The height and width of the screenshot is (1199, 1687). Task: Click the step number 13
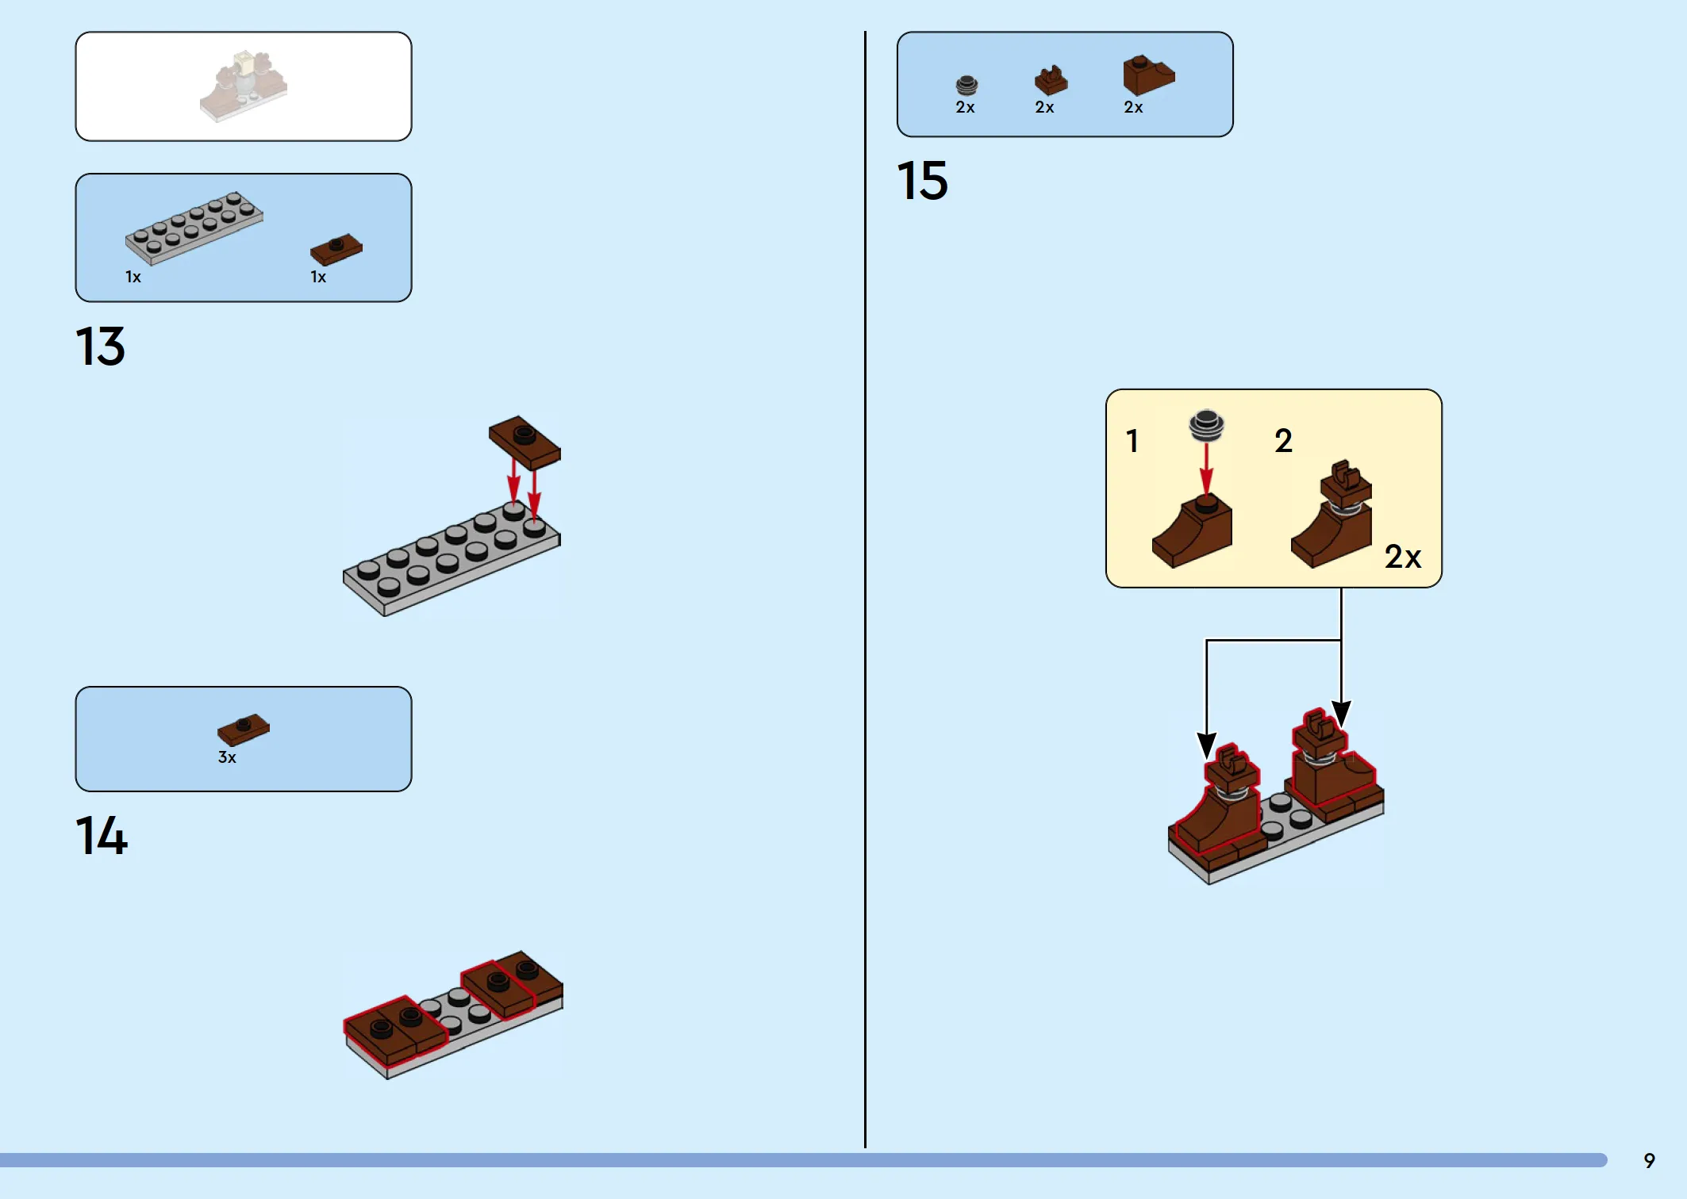click(100, 347)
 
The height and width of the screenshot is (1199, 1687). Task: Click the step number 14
click(101, 835)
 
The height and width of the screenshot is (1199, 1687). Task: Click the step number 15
click(922, 181)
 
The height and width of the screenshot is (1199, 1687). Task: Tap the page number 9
click(1649, 1161)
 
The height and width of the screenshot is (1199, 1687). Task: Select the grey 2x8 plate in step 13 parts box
click(194, 228)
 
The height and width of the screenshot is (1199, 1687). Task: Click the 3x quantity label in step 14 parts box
click(227, 757)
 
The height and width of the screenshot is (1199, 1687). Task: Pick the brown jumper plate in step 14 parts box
click(244, 729)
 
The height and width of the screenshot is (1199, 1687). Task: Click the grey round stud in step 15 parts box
click(966, 86)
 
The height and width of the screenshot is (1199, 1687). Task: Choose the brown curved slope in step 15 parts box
click(1148, 75)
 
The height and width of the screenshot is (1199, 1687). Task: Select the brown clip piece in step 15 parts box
click(1051, 81)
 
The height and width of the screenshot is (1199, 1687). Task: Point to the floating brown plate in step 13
click(525, 442)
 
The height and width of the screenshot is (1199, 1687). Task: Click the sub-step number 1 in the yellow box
click(1132, 441)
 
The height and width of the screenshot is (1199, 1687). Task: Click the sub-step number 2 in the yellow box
click(1283, 441)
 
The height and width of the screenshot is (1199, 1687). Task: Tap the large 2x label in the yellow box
click(1402, 557)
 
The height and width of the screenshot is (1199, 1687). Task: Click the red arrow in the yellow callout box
click(1206, 469)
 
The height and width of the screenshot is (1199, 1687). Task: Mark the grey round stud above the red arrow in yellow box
click(1206, 425)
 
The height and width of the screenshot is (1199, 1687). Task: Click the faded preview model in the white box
click(243, 86)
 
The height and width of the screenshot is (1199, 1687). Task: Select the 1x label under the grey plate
click(133, 277)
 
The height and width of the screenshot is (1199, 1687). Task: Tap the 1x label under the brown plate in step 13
click(318, 277)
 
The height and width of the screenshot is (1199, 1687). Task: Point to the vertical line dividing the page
click(865, 589)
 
